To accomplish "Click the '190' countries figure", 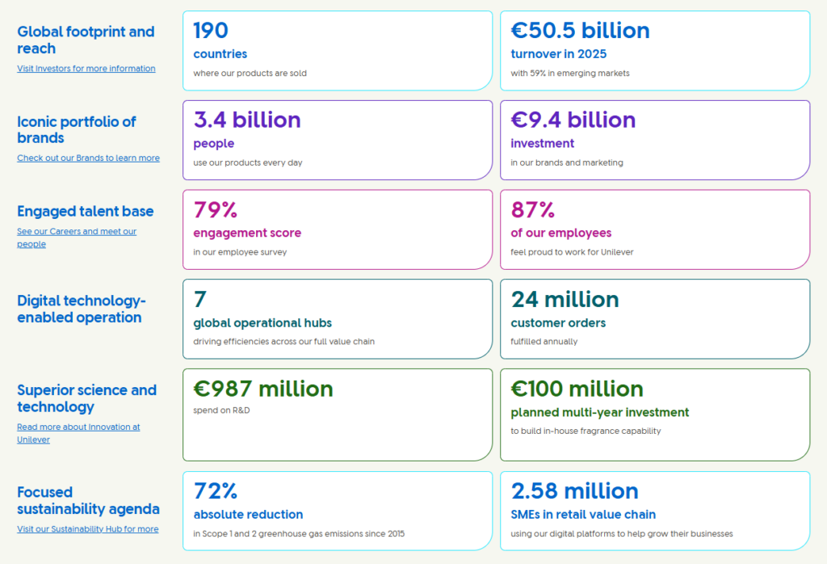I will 211,31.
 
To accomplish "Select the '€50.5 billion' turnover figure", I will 580,31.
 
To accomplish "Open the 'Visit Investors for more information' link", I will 86,69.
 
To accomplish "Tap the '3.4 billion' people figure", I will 247,120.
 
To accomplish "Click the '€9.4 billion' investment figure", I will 573,120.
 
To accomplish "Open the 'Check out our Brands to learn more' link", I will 88,158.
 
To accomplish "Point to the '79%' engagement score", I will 215,210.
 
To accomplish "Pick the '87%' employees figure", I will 532,210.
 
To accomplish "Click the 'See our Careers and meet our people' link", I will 77,238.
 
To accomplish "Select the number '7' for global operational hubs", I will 199,300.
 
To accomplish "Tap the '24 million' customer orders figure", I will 565,300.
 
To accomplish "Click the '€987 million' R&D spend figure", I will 263,389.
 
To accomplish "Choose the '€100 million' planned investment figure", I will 577,389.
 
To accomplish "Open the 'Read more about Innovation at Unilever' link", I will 78,433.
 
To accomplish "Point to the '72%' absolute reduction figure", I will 215,491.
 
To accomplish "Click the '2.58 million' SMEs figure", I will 574,491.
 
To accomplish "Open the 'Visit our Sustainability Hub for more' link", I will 87,529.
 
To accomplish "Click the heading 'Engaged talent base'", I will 85,212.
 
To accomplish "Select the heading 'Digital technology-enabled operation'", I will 82,309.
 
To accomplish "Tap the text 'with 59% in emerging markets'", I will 569,74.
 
